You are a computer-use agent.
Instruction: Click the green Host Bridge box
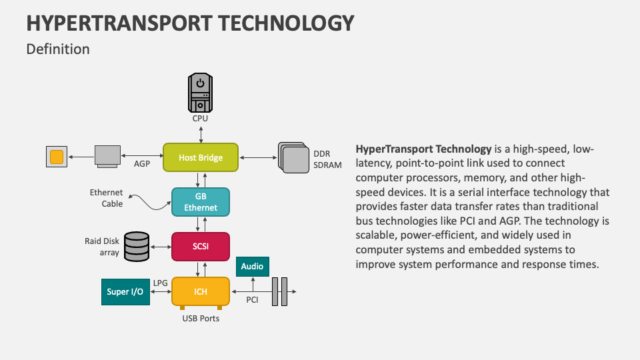[x=201, y=158]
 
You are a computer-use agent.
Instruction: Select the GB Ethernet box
[x=201, y=201]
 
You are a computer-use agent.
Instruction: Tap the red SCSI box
[x=201, y=246]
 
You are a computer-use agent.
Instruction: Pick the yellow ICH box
[x=201, y=291]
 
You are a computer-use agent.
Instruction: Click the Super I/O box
[x=125, y=292]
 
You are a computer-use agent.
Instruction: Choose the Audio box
[x=253, y=266]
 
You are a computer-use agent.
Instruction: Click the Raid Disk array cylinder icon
[x=137, y=246]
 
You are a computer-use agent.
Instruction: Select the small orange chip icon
[x=57, y=157]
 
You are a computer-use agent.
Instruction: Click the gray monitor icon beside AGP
[x=107, y=155]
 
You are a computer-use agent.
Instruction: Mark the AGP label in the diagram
[x=142, y=163]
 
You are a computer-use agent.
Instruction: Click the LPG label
[x=160, y=283]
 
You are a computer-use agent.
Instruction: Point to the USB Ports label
[x=201, y=318]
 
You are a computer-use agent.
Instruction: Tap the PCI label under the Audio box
[x=252, y=300]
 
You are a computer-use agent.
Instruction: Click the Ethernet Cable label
[x=107, y=198]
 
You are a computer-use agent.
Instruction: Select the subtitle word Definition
[x=57, y=49]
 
